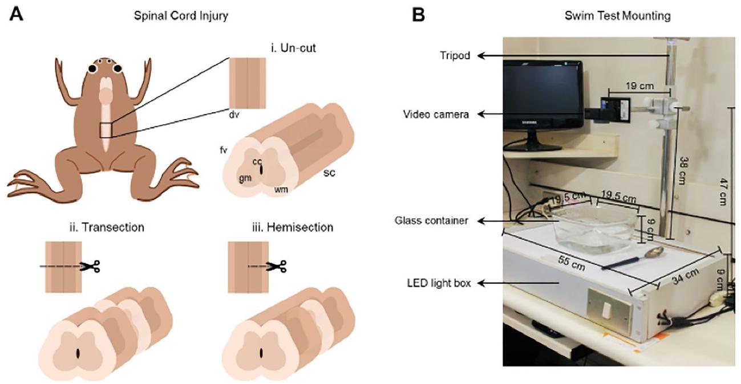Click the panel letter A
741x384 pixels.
tap(15, 15)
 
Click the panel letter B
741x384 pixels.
tap(418, 15)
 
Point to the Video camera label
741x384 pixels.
tap(436, 114)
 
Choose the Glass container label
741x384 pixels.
tap(434, 220)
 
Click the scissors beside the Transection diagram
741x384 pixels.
tap(90, 265)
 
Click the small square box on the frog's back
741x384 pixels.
tap(107, 129)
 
